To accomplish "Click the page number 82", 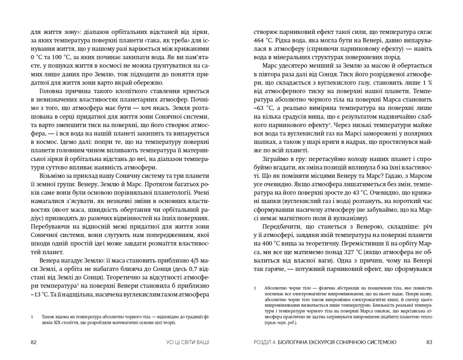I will (x=33, y=342).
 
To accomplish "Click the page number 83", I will (x=430, y=342).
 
